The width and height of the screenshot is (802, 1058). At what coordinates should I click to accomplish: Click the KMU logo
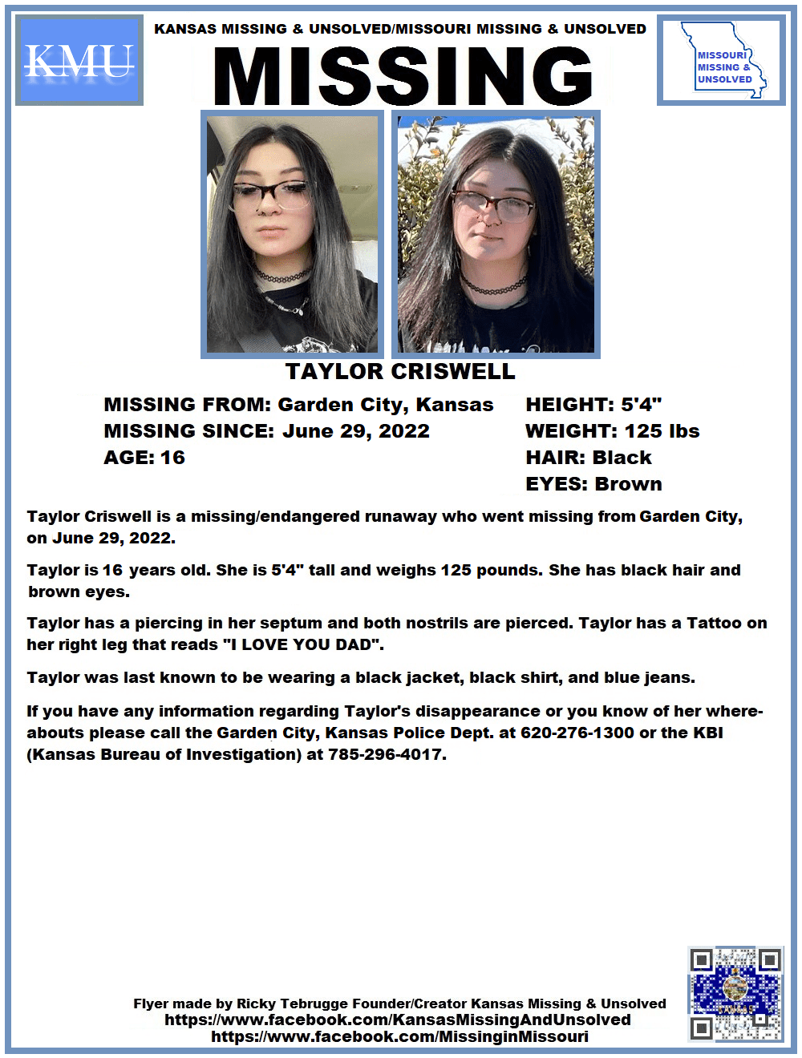pos(79,60)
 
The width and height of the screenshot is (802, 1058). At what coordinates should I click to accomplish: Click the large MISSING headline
pos(403,76)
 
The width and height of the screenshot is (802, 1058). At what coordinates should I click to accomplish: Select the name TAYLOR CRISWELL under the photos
pos(400,372)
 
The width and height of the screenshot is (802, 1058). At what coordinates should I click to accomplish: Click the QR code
pos(735,994)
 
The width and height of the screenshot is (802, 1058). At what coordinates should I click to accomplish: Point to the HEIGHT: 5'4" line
pos(593,405)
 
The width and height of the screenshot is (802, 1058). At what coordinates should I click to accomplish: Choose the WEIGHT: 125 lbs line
pos(612,431)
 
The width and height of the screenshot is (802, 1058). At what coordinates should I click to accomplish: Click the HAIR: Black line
pos(588,458)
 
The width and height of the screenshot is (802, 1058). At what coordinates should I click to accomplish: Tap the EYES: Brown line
pos(593,484)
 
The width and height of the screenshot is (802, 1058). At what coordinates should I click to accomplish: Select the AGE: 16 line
pos(144,458)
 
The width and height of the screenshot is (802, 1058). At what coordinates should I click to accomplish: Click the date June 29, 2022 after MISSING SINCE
pos(356,431)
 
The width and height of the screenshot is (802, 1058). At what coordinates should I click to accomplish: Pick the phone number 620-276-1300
pos(577,733)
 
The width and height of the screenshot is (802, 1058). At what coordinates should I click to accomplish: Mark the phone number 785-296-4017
pos(387,754)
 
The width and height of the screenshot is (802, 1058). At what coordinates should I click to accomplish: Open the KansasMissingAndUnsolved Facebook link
pos(398,1020)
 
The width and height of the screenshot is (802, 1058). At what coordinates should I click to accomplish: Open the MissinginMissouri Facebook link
pos(399,1036)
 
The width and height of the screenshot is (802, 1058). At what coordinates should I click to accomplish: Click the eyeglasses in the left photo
pos(273,193)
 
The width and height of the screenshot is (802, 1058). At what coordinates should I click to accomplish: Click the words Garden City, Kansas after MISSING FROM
pos(386,405)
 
